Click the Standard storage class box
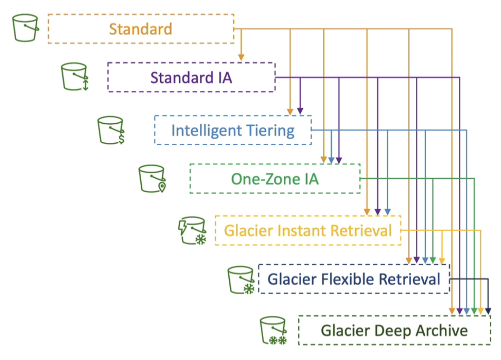coord(141,29)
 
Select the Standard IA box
coord(191,77)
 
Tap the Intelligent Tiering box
coord(233,131)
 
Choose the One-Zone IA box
coord(275,179)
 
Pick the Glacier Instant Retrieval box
coord(308,230)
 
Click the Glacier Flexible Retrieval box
coord(354,279)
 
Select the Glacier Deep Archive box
coord(394,330)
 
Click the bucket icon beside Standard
coord(25,28)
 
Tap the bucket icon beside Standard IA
coord(75,76)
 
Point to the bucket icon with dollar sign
coord(111,130)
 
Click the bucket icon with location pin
coord(152,178)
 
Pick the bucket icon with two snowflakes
coord(273,330)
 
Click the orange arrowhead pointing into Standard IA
coord(241,57)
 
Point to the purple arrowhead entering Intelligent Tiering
coord(300,111)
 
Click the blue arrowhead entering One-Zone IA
coord(331,160)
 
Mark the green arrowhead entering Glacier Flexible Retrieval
coord(433,260)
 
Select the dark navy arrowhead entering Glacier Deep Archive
coord(488,311)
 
